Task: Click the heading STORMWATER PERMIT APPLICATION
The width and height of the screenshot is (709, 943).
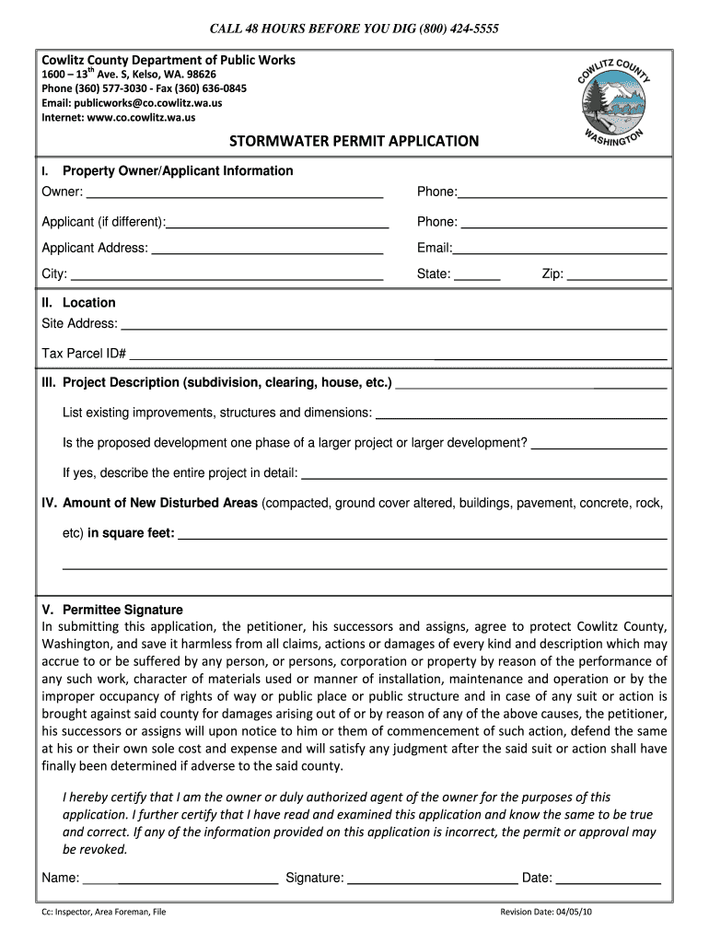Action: tap(354, 141)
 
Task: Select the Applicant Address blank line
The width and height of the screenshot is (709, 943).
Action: tap(267, 249)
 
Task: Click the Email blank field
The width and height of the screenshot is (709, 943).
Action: tap(559, 249)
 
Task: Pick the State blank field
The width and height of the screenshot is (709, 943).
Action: tap(477, 274)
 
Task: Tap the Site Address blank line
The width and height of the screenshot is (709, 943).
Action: tap(394, 324)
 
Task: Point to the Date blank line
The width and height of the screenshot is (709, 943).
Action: tap(609, 879)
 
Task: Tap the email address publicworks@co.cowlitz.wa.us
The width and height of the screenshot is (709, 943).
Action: tap(153, 103)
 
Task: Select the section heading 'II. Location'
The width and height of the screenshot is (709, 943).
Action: tap(79, 303)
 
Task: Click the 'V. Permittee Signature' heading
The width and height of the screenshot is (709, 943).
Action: tap(112, 610)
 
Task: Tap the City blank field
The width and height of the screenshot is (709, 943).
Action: tap(227, 274)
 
